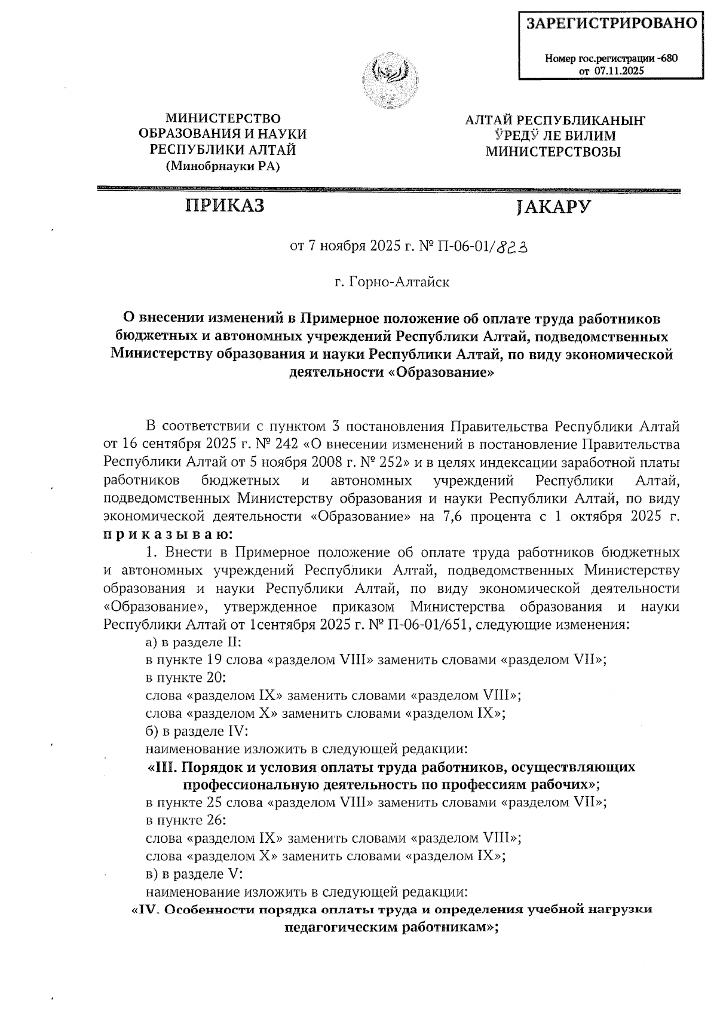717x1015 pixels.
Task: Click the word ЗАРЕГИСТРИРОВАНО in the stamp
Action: tap(611, 23)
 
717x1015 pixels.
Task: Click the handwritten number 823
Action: tap(513, 246)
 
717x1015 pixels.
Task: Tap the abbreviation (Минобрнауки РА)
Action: tap(222, 166)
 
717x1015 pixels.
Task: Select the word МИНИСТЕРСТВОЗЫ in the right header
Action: tap(553, 152)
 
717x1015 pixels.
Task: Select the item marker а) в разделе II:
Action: tap(194, 643)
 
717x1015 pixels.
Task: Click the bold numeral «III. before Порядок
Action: tap(162, 767)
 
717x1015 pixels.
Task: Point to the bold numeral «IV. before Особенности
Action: tap(147, 910)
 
